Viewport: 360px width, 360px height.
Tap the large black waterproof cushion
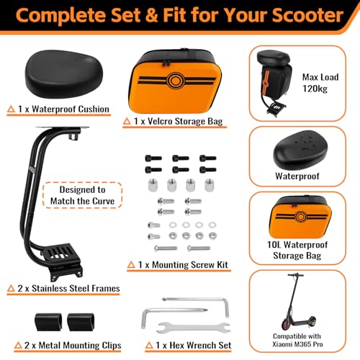click(64, 73)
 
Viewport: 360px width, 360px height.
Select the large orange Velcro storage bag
click(175, 81)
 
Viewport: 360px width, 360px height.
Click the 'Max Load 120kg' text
click(320, 83)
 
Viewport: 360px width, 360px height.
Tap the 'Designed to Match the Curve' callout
click(82, 195)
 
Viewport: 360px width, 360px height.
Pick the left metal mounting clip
click(48, 322)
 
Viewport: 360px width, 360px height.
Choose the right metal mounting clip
click(81, 322)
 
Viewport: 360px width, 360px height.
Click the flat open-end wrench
click(194, 328)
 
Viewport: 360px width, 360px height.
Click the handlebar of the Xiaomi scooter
click(296, 275)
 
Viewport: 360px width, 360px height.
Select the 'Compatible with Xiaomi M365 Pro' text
click(297, 340)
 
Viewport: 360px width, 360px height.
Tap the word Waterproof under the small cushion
click(297, 176)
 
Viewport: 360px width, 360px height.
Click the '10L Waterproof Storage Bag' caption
click(297, 250)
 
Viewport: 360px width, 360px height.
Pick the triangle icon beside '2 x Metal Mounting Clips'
click(18, 346)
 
